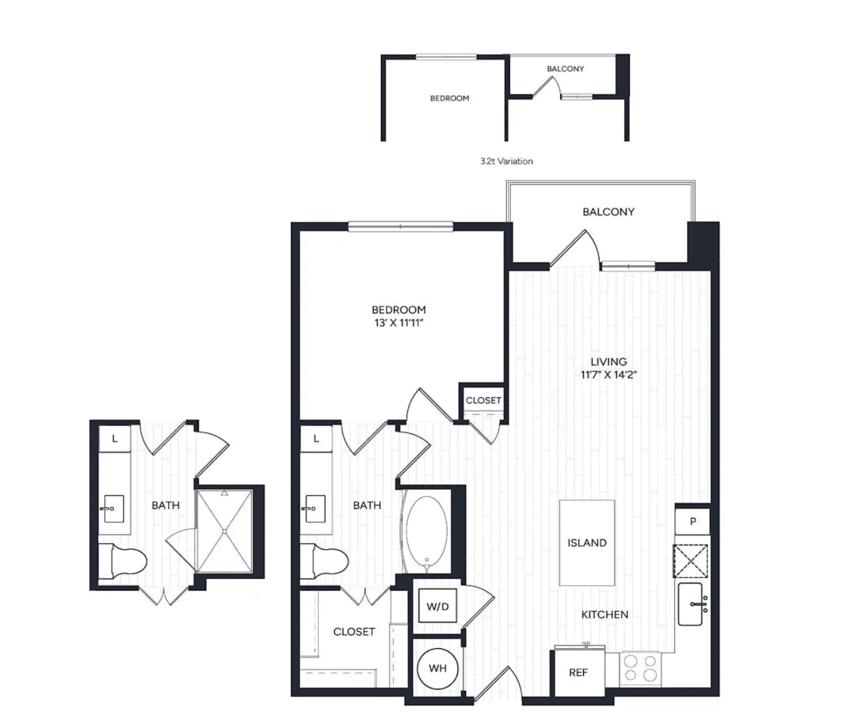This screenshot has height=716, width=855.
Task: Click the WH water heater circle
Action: coord(437,668)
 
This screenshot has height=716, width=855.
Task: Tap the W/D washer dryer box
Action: coord(437,607)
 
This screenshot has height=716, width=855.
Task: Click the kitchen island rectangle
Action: coord(587,542)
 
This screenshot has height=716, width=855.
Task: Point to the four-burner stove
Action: coord(640,668)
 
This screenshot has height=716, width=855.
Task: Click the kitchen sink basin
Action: coord(691,604)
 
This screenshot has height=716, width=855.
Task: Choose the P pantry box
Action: coord(692,521)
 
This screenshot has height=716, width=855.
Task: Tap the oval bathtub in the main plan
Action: coord(426,533)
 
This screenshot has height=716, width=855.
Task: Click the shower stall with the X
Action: coord(225,531)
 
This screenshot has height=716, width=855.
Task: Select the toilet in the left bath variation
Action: coord(122,561)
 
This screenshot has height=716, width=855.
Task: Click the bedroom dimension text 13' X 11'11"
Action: coord(398,323)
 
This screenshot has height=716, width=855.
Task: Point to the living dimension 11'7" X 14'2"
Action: coord(608,375)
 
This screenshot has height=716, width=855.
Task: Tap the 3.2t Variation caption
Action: coord(507,161)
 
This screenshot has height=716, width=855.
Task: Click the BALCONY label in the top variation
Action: coord(565,69)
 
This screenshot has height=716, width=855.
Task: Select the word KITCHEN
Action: coord(605,614)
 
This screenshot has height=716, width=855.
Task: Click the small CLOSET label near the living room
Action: coord(484,400)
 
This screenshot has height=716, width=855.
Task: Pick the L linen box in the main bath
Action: coord(316,438)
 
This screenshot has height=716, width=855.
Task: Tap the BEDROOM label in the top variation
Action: coord(449,98)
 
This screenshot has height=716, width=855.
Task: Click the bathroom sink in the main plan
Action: coord(314,509)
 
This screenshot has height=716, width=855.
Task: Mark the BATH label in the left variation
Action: coord(165,506)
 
